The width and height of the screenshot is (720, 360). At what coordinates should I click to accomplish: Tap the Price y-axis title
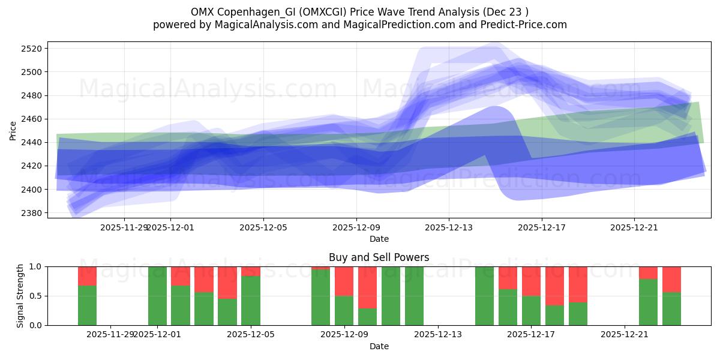pyautogui.click(x=13, y=130)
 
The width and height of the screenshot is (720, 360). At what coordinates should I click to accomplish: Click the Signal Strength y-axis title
pyautogui.click(x=20, y=296)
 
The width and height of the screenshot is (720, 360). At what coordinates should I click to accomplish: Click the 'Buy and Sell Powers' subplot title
pyautogui.click(x=379, y=257)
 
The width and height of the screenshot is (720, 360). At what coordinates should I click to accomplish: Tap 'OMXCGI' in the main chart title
pyautogui.click(x=328, y=12)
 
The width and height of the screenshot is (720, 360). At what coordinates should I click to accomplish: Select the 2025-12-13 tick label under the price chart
pyautogui.click(x=449, y=227)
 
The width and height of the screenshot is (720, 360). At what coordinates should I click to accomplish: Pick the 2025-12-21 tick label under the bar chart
pyautogui.click(x=625, y=334)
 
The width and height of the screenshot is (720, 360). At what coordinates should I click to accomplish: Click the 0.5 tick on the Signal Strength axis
pyautogui.click(x=35, y=296)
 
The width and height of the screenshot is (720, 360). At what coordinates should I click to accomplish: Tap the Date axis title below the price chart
pyautogui.click(x=379, y=239)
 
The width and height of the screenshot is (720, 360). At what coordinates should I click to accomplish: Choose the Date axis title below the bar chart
pyautogui.click(x=379, y=346)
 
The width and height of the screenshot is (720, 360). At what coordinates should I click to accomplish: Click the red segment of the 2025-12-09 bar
pyautogui.click(x=344, y=281)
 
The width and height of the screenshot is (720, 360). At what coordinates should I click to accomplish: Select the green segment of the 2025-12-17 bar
pyautogui.click(x=531, y=310)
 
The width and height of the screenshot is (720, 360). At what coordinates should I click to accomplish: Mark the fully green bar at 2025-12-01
pyautogui.click(x=157, y=296)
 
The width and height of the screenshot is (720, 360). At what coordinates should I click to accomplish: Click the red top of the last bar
pyautogui.click(x=671, y=279)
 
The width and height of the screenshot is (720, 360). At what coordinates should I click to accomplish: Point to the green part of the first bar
pyautogui.click(x=87, y=305)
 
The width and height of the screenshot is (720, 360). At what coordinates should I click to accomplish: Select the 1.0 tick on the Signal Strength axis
pyautogui.click(x=35, y=266)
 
